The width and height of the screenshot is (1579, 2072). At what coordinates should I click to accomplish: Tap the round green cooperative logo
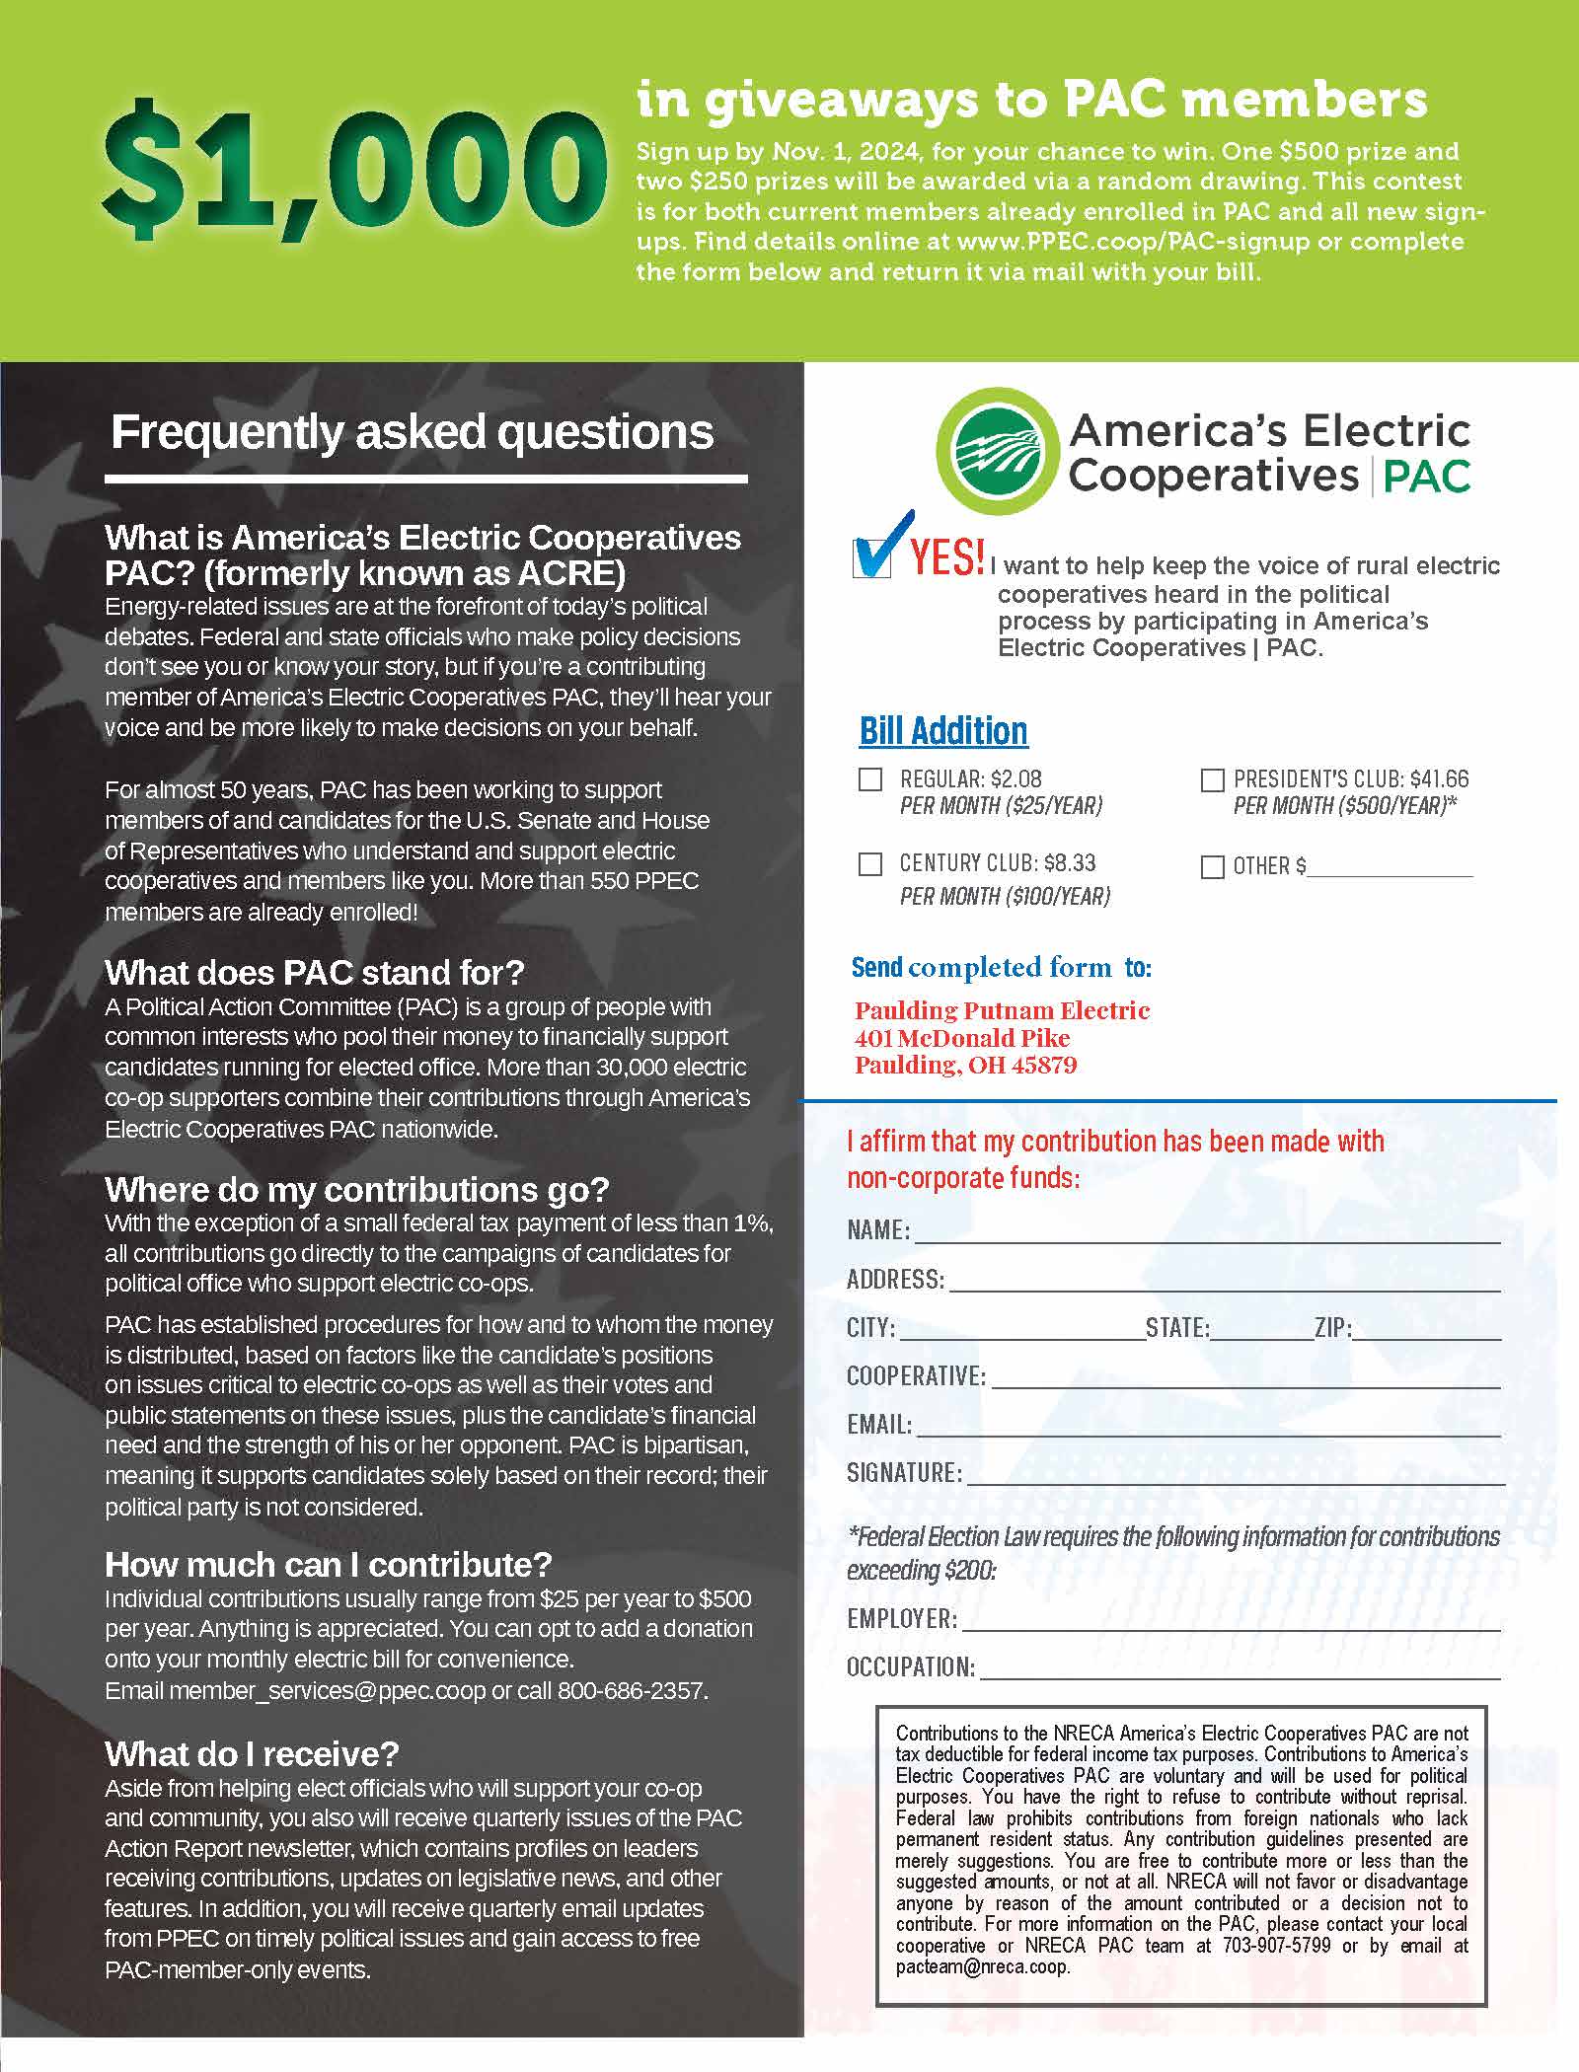(x=995, y=450)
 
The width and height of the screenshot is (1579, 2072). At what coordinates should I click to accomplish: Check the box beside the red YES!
(x=870, y=558)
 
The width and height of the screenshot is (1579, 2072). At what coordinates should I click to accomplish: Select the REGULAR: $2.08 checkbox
(x=870, y=780)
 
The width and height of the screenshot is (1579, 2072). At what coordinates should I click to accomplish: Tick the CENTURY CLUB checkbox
(x=870, y=864)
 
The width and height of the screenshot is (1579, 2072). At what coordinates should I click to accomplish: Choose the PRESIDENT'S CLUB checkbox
(x=1212, y=780)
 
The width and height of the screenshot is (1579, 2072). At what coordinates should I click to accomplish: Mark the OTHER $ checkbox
(x=1212, y=866)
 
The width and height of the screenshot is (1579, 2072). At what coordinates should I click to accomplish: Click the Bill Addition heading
(x=943, y=731)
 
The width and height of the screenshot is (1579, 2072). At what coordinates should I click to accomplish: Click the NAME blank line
(x=1206, y=1231)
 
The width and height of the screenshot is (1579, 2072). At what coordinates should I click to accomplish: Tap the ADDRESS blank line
(x=1224, y=1281)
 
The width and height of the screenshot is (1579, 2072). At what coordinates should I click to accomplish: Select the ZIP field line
(x=1427, y=1329)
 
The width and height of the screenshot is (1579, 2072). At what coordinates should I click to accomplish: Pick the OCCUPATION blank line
(x=1240, y=1668)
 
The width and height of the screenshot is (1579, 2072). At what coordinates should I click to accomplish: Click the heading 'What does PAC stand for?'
(x=315, y=973)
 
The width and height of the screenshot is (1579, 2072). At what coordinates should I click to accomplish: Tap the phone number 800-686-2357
(x=632, y=1690)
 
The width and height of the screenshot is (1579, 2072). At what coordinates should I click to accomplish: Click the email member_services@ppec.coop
(x=327, y=1690)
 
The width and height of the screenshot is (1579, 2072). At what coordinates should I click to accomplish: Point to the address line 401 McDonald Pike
(x=962, y=1038)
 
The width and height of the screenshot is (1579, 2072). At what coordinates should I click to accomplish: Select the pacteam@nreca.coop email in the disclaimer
(x=982, y=1967)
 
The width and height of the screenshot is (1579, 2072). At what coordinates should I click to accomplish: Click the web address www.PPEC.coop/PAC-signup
(x=1133, y=242)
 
